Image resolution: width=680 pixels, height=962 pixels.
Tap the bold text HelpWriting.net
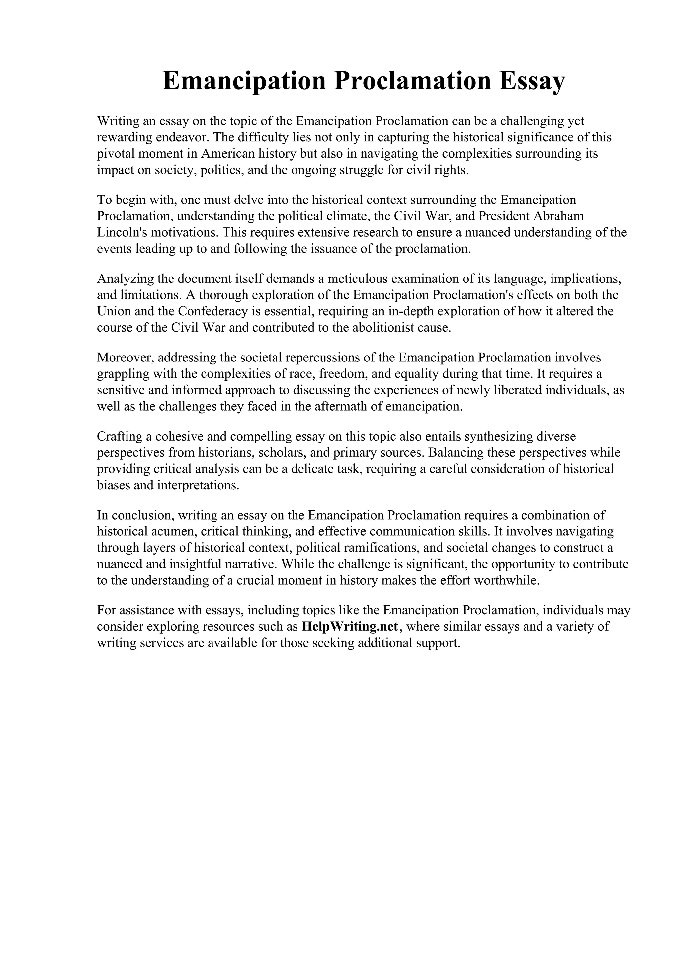tap(349, 626)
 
